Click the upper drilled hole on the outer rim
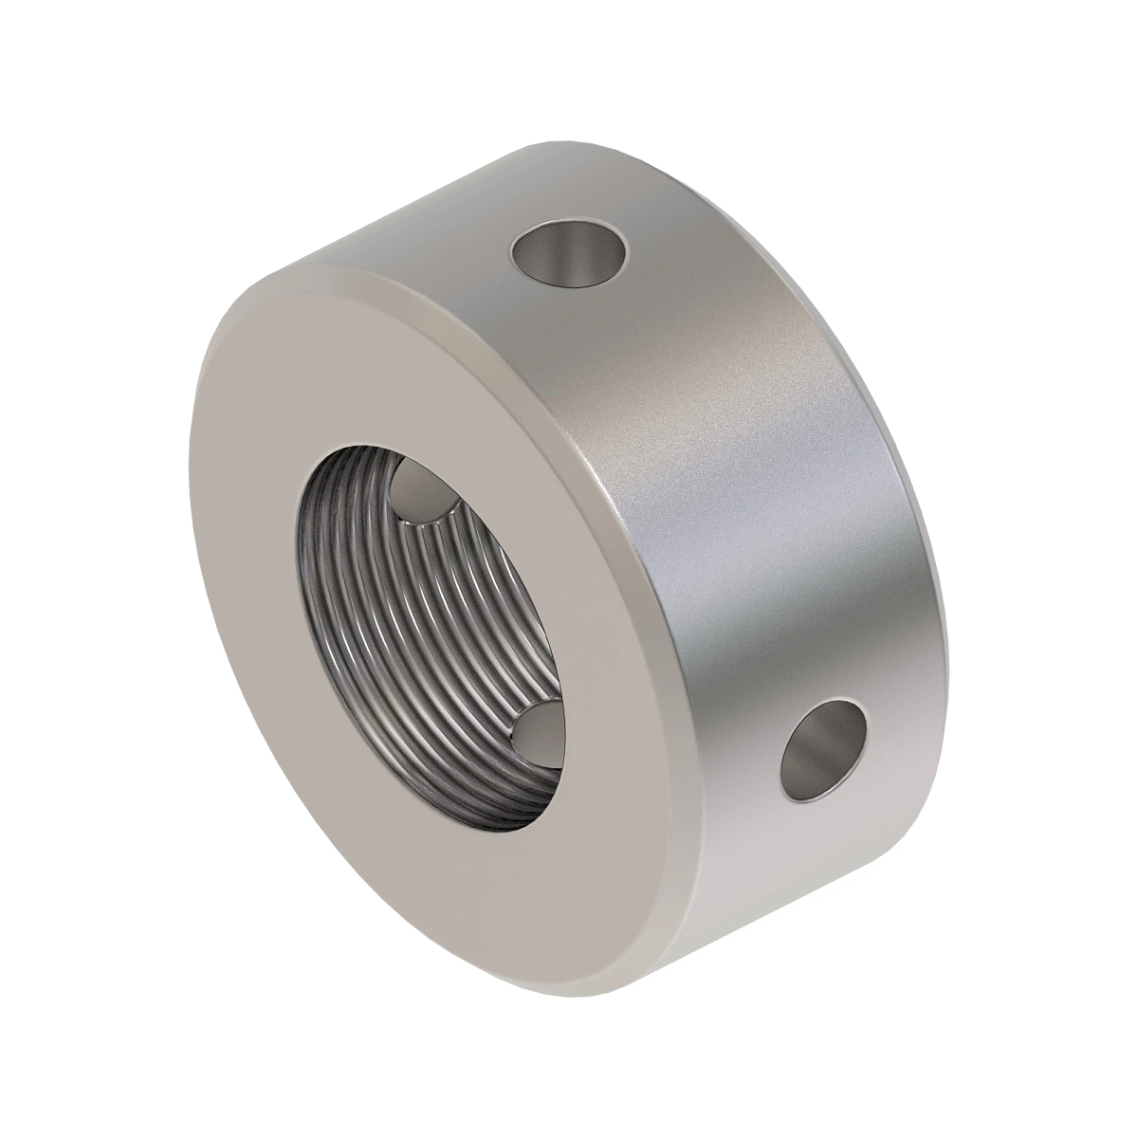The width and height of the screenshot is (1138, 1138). [x=570, y=255]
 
